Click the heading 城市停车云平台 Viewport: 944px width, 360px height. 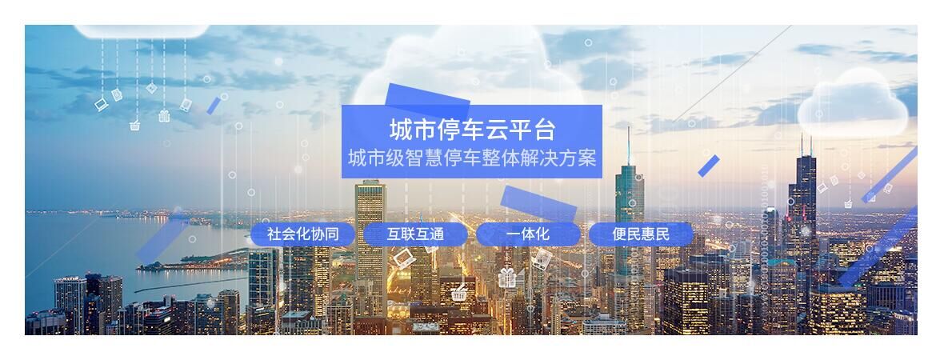(x=472, y=130)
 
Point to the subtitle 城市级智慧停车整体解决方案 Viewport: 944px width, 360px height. (x=472, y=158)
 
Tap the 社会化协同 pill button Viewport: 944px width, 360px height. (x=303, y=234)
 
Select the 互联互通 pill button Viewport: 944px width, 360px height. (x=415, y=234)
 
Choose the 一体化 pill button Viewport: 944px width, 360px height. (x=528, y=234)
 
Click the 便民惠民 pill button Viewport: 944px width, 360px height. (x=641, y=234)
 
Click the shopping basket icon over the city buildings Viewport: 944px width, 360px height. (x=459, y=293)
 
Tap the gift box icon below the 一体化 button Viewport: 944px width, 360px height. (x=507, y=278)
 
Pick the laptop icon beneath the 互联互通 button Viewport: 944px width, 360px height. (x=404, y=259)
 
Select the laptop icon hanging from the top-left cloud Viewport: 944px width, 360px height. (x=101, y=105)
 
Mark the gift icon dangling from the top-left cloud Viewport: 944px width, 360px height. (x=164, y=115)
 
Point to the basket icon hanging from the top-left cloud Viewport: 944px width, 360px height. (x=135, y=126)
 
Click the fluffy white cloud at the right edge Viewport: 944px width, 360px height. (x=853, y=103)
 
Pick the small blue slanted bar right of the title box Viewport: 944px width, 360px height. (x=709, y=166)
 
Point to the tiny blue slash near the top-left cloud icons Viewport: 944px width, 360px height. (x=213, y=106)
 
